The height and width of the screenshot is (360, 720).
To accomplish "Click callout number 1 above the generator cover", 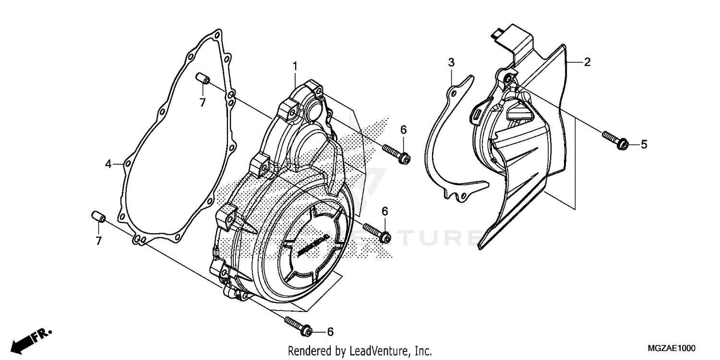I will pos(296,65).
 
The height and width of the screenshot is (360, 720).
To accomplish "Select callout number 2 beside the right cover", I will pos(587,62).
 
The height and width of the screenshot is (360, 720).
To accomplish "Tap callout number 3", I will pos(451,62).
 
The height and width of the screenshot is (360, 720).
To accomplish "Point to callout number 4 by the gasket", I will pos(109,165).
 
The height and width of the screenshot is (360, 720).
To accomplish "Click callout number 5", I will pos(644,144).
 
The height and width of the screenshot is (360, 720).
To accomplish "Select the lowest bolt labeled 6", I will pos(298,326).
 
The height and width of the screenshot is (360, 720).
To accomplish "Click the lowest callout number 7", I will pos(98,241).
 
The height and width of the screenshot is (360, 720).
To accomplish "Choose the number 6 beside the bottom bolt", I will pos(330,332).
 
